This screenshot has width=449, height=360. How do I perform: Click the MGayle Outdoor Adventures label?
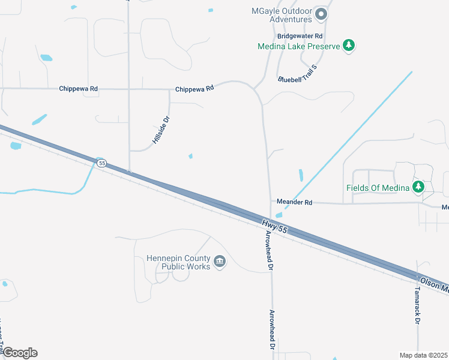click(x=281, y=16)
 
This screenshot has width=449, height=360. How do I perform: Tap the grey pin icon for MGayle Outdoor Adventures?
click(x=321, y=14)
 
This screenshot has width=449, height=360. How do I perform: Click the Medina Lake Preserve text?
click(x=298, y=46)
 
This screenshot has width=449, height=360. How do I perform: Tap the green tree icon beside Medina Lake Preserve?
click(x=349, y=46)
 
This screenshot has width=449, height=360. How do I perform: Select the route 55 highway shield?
click(x=101, y=163)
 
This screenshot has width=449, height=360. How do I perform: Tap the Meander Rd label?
click(x=294, y=202)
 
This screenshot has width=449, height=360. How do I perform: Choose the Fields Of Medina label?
click(x=378, y=188)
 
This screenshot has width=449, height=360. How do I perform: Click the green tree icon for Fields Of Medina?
click(x=419, y=187)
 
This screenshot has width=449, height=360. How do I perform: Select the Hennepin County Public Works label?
click(x=178, y=262)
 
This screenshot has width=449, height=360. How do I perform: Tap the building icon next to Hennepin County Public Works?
click(x=220, y=262)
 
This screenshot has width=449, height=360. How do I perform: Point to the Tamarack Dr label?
click(x=417, y=305)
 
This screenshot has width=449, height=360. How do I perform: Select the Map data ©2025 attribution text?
click(x=424, y=355)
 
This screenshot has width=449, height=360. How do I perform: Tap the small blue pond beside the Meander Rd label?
click(x=279, y=215)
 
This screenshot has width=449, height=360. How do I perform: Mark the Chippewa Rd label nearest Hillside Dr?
click(x=194, y=89)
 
